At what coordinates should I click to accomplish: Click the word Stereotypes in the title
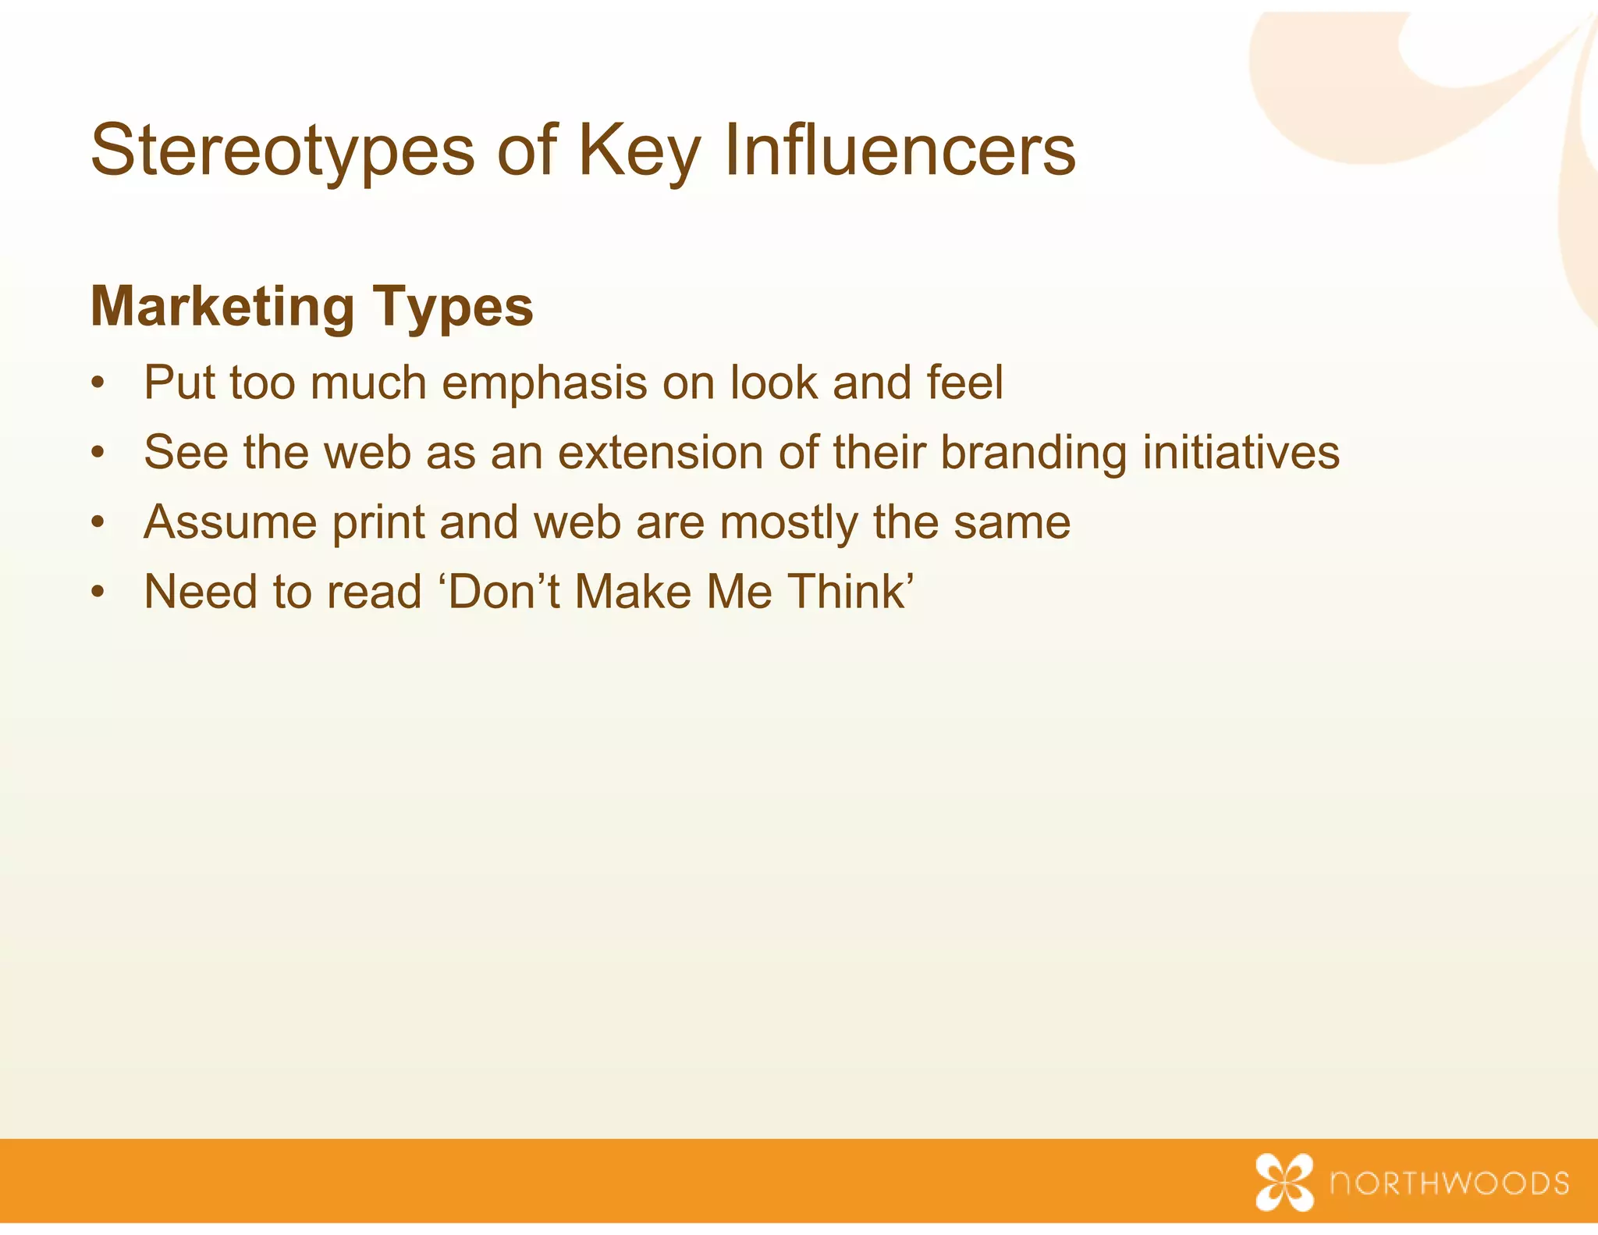tap(282, 151)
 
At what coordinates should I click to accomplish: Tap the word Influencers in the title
tap(900, 151)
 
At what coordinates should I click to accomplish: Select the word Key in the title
tap(640, 151)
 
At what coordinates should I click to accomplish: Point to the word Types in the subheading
tap(453, 307)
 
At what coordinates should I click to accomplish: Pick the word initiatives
tap(1241, 453)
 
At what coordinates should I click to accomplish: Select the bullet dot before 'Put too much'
tap(97, 384)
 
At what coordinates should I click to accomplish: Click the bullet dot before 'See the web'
tap(97, 454)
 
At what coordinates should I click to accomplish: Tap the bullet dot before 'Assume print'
tap(97, 523)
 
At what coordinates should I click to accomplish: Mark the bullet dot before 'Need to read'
tap(97, 593)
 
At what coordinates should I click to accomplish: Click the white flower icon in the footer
tap(1284, 1182)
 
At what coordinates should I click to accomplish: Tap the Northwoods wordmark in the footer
tap(1450, 1183)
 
